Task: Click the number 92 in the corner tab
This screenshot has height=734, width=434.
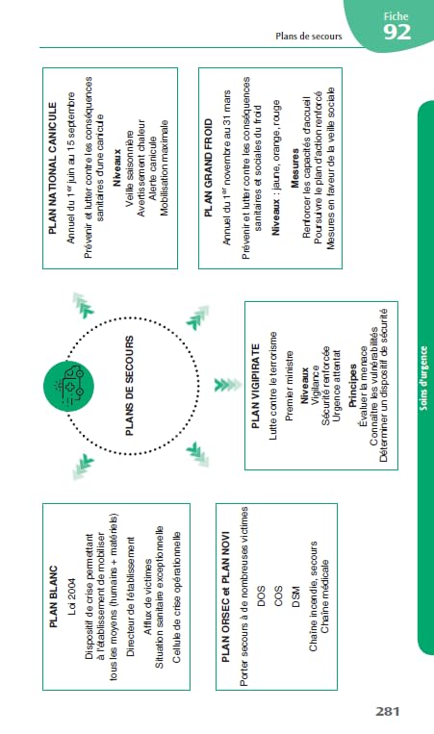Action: [x=397, y=33]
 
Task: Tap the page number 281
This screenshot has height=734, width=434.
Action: [x=388, y=712]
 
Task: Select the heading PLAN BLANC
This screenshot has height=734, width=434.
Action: [x=54, y=596]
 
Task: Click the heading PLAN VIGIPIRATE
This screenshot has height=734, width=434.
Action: [x=256, y=386]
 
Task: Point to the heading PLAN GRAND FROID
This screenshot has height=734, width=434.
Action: [x=208, y=167]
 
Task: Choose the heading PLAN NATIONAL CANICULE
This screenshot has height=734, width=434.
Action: [x=53, y=168]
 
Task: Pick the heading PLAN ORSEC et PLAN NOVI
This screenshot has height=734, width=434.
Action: [x=226, y=596]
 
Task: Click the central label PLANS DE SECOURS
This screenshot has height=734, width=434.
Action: [x=130, y=386]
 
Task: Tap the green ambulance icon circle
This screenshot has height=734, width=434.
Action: [x=69, y=387]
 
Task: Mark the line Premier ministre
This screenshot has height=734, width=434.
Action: [x=290, y=386]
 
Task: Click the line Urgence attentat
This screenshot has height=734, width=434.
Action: [x=336, y=386]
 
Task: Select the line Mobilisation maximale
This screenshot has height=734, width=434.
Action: [x=164, y=168]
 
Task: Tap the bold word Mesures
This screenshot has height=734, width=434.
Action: [x=294, y=168]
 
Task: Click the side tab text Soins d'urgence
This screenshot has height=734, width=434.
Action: [x=423, y=378]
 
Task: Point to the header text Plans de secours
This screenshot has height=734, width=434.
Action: [x=309, y=36]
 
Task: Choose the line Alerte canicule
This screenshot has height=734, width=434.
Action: [x=153, y=168]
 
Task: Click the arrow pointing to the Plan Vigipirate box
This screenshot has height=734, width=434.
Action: [x=227, y=385]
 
